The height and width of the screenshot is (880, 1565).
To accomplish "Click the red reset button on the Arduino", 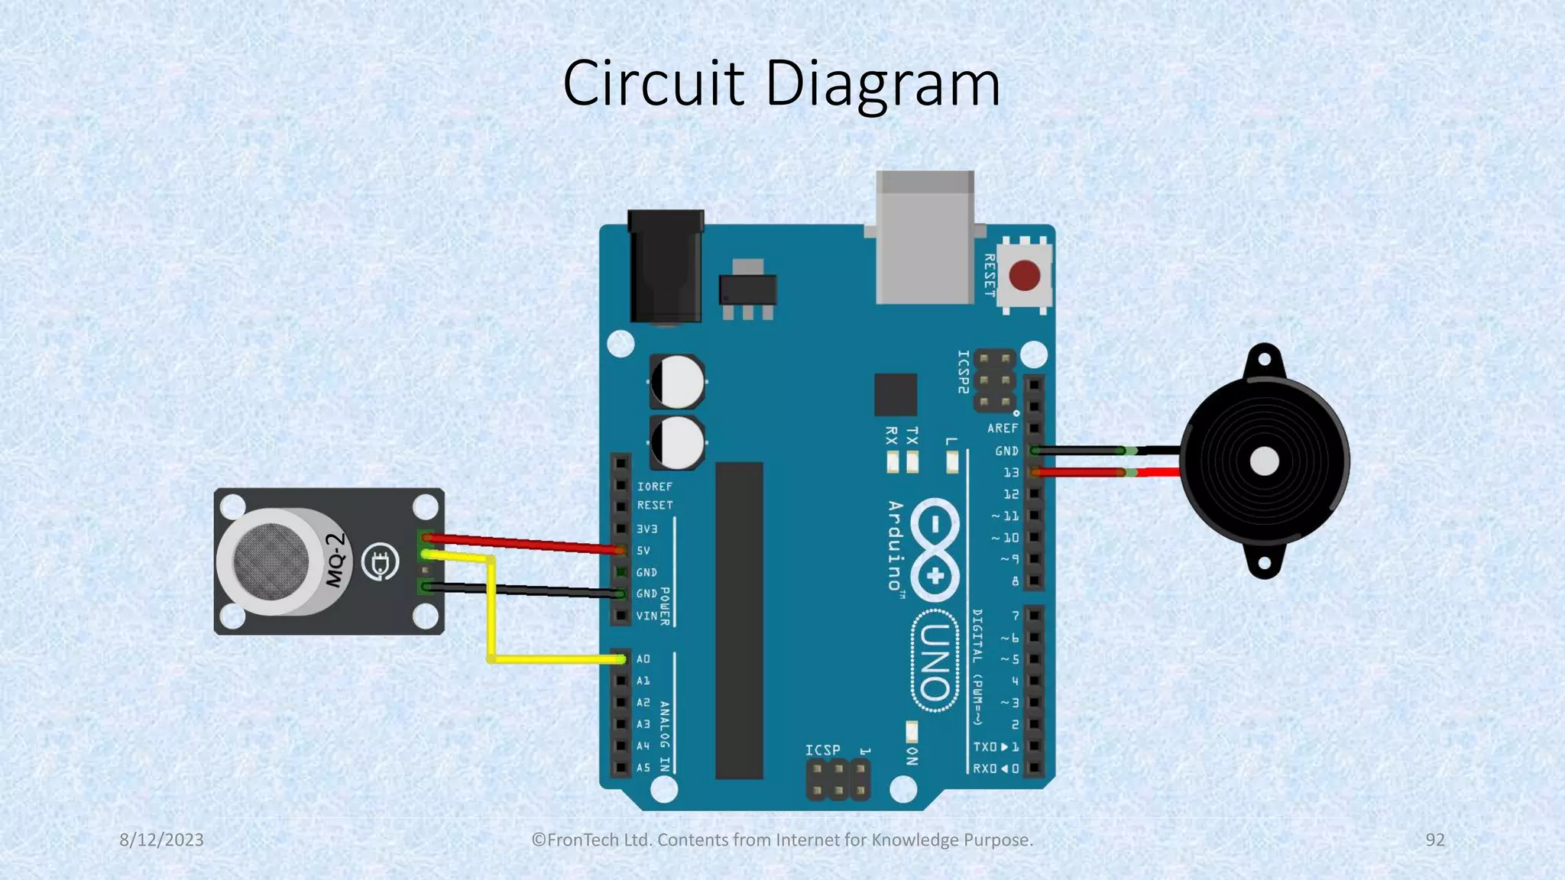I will click(1024, 276).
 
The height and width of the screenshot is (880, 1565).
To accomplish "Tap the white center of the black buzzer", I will click(1264, 461).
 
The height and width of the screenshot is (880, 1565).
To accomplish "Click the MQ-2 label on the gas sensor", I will click(335, 560).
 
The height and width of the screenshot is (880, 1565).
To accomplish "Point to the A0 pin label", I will click(643, 658).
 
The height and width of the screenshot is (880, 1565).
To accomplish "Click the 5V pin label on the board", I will click(643, 550).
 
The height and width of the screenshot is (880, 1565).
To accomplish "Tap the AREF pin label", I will click(1002, 429).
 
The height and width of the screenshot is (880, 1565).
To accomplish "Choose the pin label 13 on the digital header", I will click(1011, 473).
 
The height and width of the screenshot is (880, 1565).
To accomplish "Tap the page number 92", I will click(1435, 840).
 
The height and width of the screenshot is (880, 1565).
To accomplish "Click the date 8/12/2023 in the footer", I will click(161, 840).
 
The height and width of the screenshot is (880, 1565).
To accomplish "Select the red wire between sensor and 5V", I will click(523, 543).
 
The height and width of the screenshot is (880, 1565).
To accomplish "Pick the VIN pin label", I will click(646, 616).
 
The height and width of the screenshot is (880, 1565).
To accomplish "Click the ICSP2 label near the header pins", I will click(964, 372).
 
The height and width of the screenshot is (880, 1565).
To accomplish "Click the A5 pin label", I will click(643, 768).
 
